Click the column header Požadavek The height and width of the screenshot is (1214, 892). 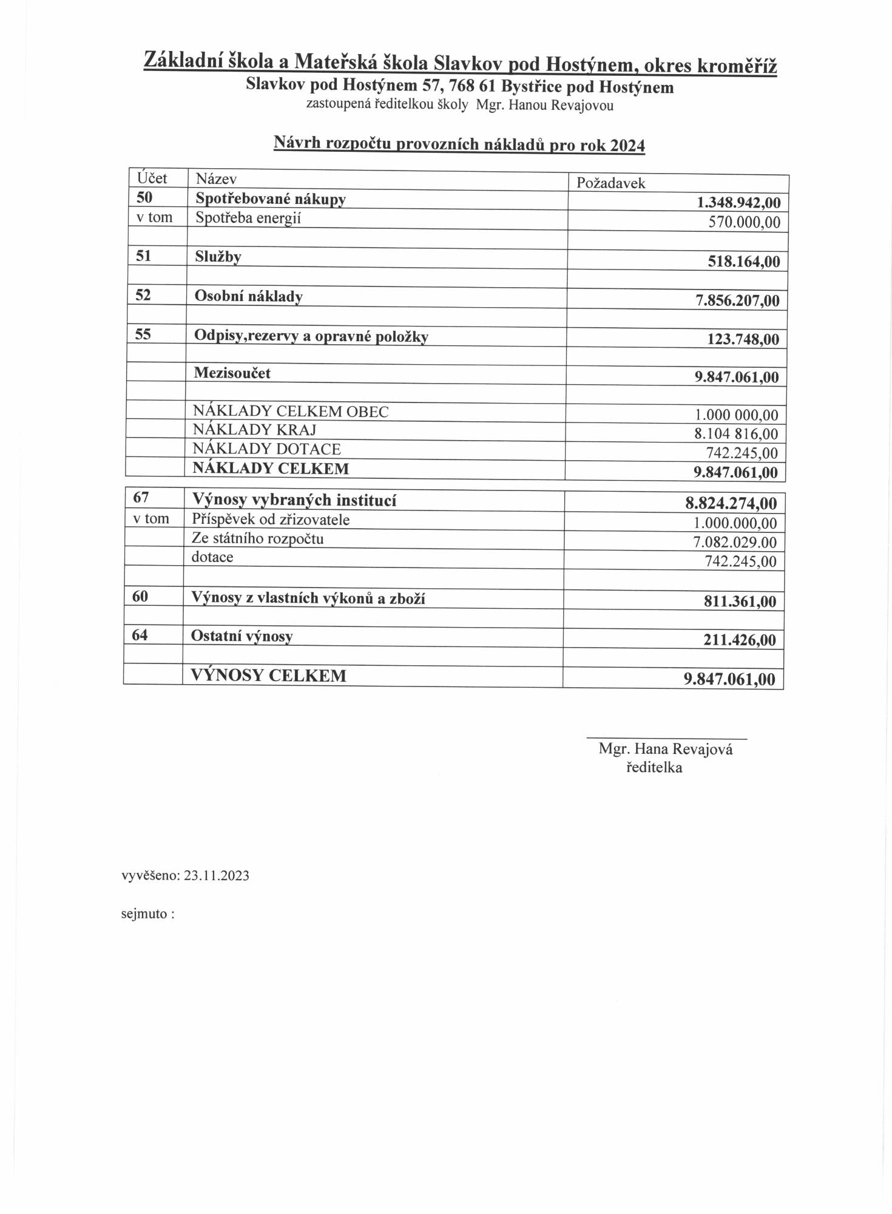[x=610, y=183]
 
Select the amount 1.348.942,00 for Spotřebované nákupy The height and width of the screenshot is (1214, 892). [x=738, y=203]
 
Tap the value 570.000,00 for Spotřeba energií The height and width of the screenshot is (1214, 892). [x=744, y=222]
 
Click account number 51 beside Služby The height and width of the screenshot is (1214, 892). [x=143, y=256]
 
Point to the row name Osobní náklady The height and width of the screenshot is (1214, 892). [x=248, y=296]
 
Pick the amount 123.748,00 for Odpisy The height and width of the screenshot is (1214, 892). [x=743, y=339]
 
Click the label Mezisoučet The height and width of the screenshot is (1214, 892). [x=232, y=373]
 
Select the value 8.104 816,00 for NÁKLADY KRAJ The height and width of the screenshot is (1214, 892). [x=736, y=434]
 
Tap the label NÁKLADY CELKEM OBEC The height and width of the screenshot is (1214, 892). [x=291, y=412]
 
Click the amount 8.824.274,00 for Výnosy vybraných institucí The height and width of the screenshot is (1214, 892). [x=731, y=503]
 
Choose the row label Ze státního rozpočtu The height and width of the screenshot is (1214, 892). [x=257, y=538]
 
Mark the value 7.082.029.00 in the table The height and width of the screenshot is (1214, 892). [x=734, y=542]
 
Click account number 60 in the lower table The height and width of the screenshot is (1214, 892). [x=140, y=596]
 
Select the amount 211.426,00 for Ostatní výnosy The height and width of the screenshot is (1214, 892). [x=739, y=640]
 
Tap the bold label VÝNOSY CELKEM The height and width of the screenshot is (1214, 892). [x=268, y=676]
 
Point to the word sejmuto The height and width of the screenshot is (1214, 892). [x=144, y=914]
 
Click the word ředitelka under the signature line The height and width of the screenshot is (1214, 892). [x=654, y=768]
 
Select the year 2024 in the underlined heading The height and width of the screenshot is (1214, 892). [x=627, y=146]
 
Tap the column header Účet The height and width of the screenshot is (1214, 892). [x=152, y=178]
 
